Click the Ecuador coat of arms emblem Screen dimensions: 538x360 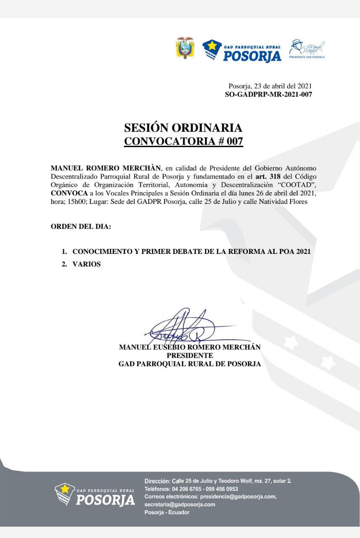[184, 48]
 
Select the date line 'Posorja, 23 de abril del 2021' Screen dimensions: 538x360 [270, 87]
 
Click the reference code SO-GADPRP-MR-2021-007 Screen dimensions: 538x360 [268, 95]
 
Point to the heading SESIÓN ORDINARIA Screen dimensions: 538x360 [184, 128]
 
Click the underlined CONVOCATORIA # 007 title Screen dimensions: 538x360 [184, 142]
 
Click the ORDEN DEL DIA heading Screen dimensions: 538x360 [81, 227]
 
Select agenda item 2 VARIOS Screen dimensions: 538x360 [87, 265]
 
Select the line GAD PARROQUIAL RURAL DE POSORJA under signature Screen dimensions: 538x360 [189, 364]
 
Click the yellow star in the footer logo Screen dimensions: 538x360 [65, 489]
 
